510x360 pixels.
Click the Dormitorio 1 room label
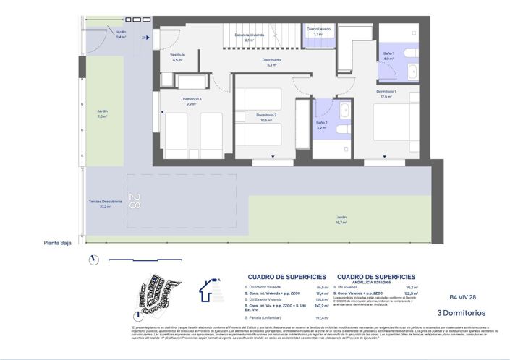tap(386, 93)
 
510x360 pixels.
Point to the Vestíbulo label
tap(178, 56)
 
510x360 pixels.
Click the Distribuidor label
tap(272, 61)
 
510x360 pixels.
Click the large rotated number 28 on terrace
tap(133, 200)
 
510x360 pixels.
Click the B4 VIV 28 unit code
tap(462, 297)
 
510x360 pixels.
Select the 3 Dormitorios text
tap(461, 313)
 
